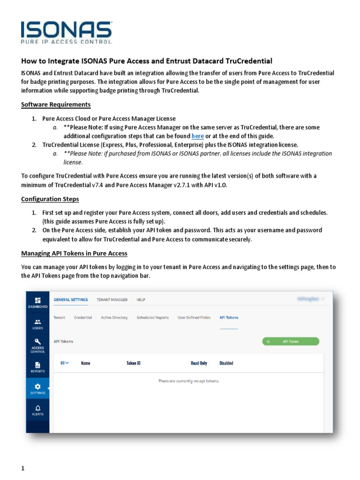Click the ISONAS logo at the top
[66, 32]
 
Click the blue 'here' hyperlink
[197, 136]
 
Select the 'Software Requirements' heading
[56, 105]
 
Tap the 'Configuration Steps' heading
[50, 199]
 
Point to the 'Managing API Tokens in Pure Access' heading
[74, 254]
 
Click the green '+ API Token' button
[291, 342]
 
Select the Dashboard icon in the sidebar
[38, 302]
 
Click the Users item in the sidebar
[38, 324]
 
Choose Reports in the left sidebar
[38, 367]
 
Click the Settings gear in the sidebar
[38, 389]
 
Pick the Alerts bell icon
[38, 410]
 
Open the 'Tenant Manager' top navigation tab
[112, 300]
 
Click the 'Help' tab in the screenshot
[141, 300]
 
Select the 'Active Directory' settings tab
[114, 318]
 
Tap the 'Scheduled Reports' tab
[152, 318]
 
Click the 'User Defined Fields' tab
[194, 318]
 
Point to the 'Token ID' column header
[133, 363]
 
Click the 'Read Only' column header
[199, 363]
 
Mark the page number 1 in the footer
[22, 468]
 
